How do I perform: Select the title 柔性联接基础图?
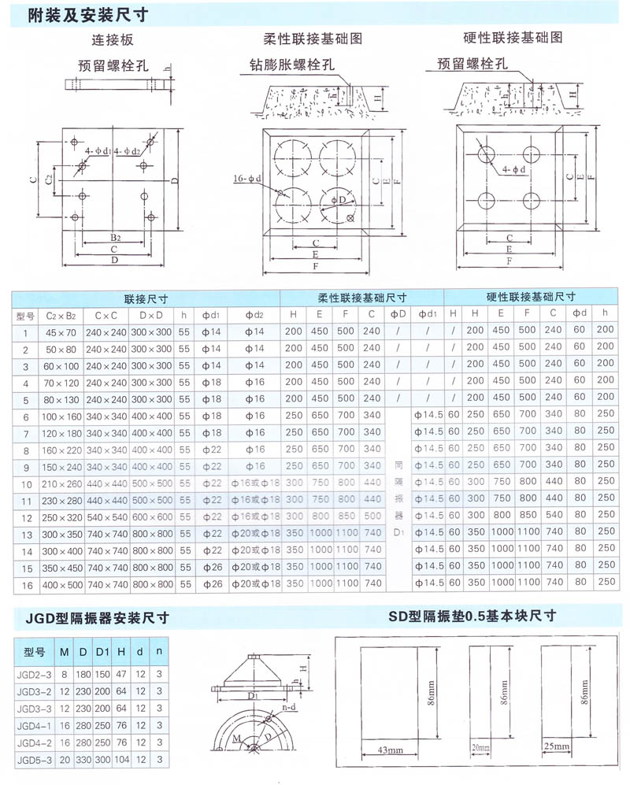point(313,38)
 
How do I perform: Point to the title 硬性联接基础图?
point(513,37)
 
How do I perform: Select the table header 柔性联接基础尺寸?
point(361,298)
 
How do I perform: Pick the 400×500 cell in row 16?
point(61,584)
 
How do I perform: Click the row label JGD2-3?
point(35,674)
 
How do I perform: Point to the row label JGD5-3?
point(35,760)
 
